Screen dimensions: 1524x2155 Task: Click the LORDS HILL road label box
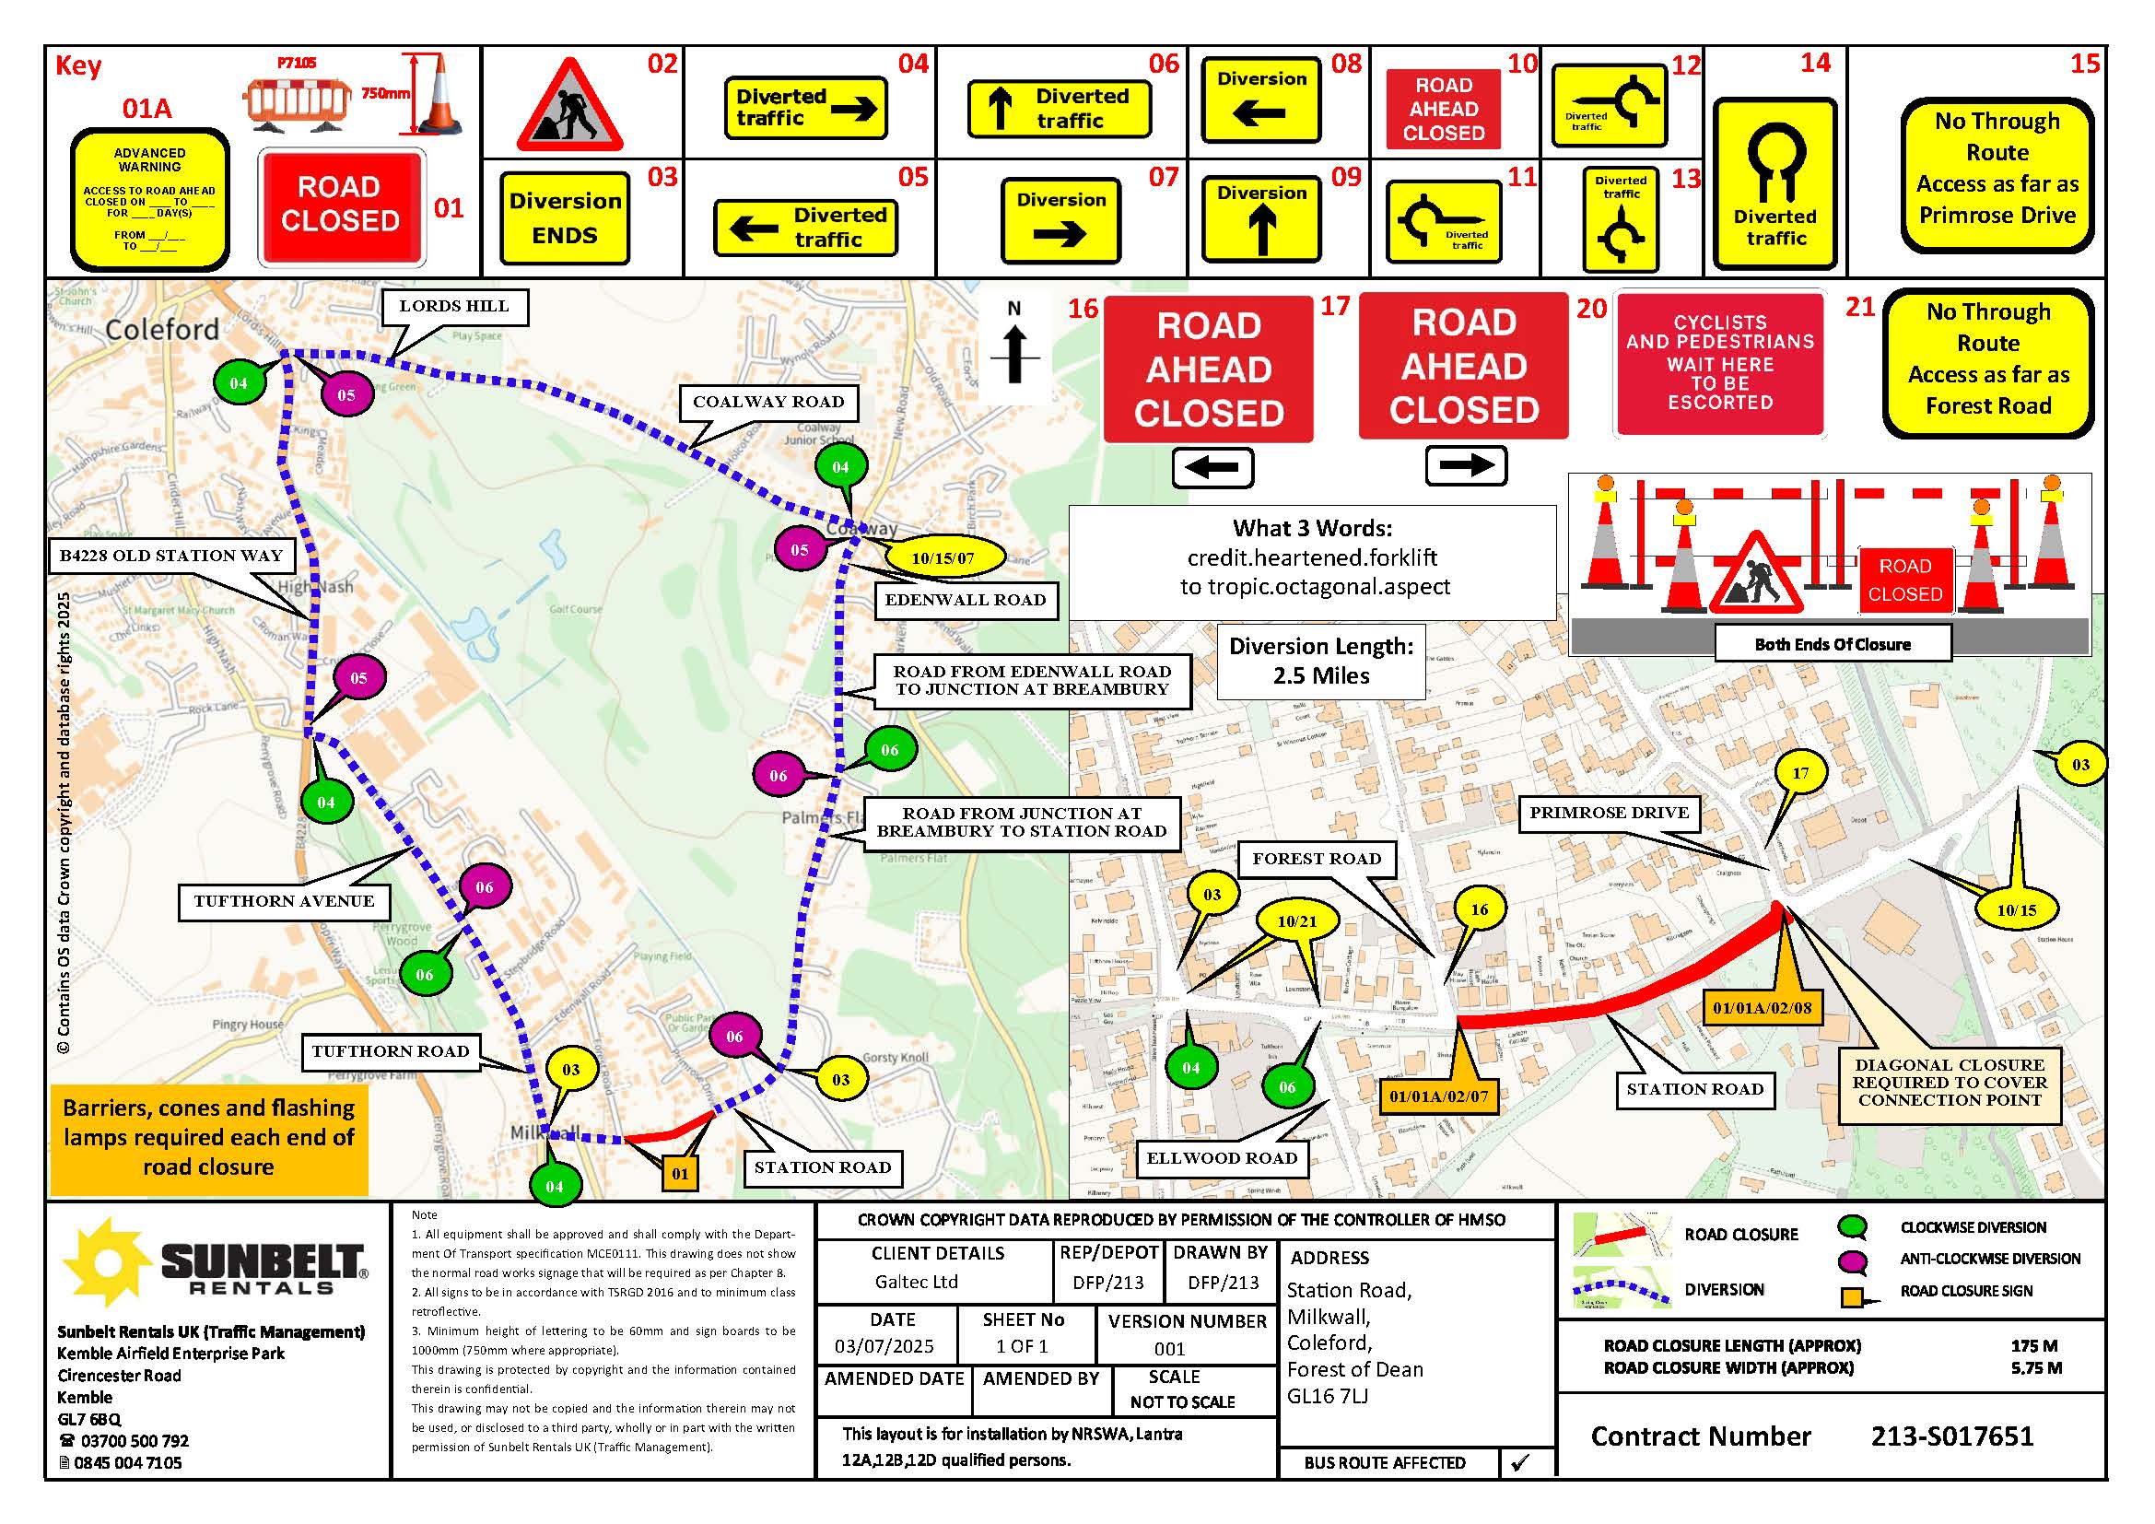point(454,307)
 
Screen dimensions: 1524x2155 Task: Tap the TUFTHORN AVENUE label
point(284,902)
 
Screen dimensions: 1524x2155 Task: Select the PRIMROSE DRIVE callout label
point(1609,813)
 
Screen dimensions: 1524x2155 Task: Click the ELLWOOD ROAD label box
point(1221,1158)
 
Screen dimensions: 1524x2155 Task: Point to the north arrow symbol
point(1013,354)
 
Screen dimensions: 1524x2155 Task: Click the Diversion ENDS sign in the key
point(565,217)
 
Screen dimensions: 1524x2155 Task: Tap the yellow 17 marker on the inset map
point(1800,774)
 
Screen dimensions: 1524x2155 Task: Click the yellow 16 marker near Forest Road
point(1480,909)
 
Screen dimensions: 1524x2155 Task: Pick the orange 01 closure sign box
point(681,1173)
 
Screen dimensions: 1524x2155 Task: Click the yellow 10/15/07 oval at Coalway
point(943,558)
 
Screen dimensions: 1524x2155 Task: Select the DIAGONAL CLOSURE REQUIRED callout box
point(1950,1083)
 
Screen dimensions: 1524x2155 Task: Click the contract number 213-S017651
point(1952,1436)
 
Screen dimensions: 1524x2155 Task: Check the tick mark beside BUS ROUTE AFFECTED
point(1520,1462)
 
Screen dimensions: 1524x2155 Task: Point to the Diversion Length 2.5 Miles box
point(1320,662)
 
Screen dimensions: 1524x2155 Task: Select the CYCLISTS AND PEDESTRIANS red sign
point(1719,363)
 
